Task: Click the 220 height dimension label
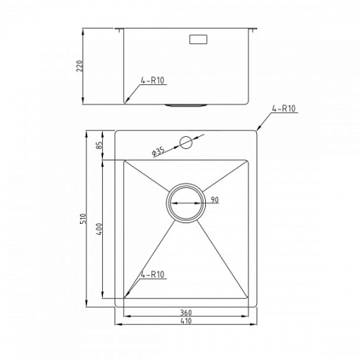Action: [80, 66]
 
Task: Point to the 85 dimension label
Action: [99, 145]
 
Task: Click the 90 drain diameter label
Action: [215, 199]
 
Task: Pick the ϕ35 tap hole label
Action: [158, 152]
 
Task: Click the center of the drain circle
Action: [186, 203]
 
